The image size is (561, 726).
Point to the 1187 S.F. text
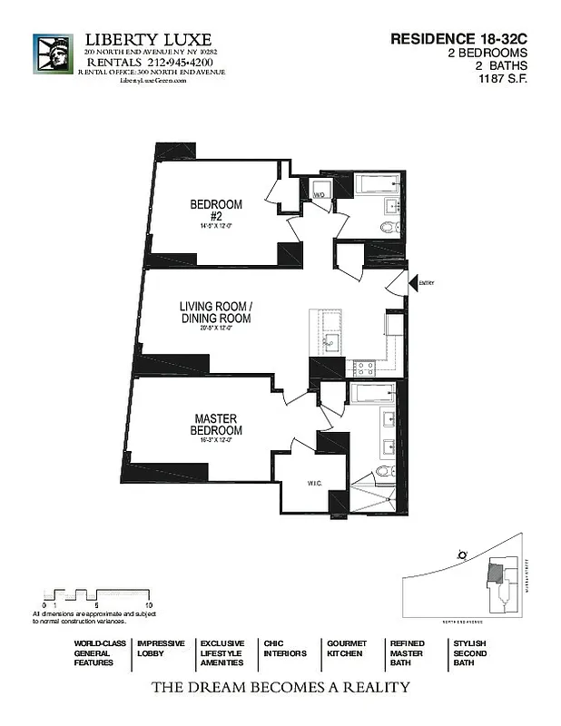tap(504, 79)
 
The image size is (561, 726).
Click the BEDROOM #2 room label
tap(215, 210)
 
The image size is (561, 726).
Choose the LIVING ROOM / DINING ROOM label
tap(214, 313)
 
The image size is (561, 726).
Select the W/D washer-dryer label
tap(320, 194)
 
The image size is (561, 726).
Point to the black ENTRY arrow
tap(413, 283)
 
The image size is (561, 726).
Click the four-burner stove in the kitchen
tap(364, 368)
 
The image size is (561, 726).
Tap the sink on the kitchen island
tap(330, 343)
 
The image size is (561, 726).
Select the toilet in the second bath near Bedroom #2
tap(388, 228)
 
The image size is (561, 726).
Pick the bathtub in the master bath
tap(372, 392)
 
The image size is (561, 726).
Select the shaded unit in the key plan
tap(495, 572)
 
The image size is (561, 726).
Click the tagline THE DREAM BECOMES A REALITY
tap(280, 687)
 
